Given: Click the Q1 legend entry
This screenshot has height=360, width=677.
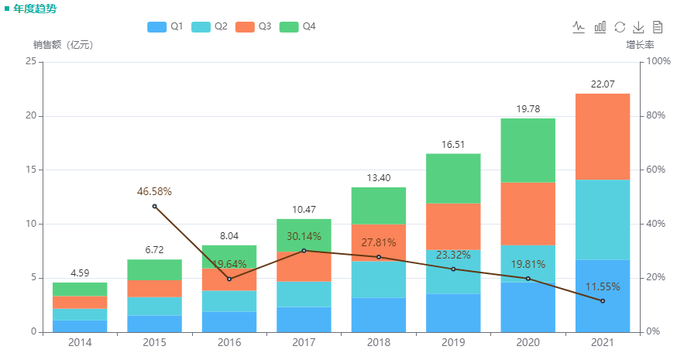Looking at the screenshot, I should (165, 26).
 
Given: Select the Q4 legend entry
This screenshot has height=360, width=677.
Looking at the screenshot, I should (297, 26).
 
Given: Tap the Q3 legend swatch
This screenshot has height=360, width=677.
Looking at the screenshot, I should (245, 26).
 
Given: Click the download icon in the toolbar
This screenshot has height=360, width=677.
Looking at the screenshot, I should (639, 27).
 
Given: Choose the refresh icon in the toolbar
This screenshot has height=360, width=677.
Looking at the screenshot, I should (620, 27).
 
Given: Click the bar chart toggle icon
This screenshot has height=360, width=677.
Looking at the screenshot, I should (600, 27).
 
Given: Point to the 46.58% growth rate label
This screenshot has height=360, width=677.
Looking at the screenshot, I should (154, 191).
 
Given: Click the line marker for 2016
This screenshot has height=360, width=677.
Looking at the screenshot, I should (229, 279).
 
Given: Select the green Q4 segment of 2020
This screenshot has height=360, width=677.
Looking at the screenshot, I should (528, 150).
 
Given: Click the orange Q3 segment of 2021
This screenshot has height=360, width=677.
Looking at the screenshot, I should (603, 136).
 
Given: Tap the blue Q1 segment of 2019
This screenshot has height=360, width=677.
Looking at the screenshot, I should (453, 313).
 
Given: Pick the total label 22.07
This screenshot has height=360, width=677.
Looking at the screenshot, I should (603, 84).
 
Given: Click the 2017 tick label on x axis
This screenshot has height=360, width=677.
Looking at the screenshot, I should (304, 342).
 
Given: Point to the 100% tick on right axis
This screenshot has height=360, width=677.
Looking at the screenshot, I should (658, 61).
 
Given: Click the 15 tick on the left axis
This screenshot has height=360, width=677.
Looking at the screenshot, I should (32, 170).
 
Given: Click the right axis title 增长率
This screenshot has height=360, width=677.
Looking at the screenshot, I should (640, 45).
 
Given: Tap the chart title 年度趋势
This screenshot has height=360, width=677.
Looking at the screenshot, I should (34, 9).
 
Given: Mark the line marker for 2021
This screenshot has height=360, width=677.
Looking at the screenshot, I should (603, 300).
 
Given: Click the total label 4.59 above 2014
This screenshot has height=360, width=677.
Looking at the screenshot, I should (79, 273).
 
